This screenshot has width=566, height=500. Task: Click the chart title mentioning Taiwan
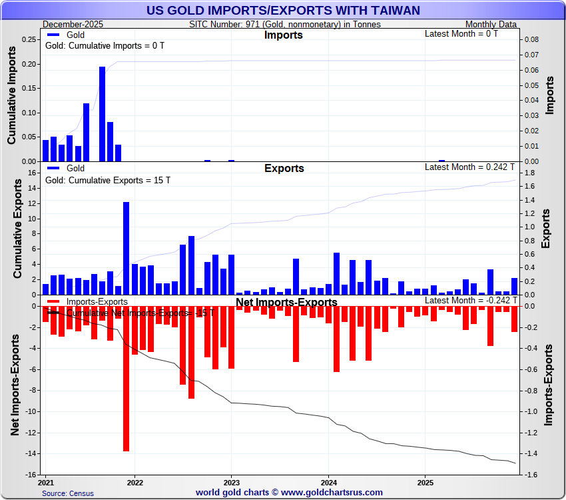click(282, 10)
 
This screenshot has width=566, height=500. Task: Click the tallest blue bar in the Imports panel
click(103, 113)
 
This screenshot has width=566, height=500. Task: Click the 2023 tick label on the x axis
click(231, 481)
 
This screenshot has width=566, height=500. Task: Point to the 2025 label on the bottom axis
click(425, 481)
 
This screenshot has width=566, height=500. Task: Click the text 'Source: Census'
click(68, 493)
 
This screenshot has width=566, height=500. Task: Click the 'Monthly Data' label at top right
click(491, 24)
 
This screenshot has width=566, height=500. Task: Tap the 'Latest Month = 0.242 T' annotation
click(470, 167)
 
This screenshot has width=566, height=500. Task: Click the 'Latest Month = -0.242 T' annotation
click(469, 301)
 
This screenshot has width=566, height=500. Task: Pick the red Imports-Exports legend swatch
click(54, 302)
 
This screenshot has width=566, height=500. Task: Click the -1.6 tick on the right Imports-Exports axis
click(528, 475)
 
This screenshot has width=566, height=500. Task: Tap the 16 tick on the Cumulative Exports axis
click(31, 173)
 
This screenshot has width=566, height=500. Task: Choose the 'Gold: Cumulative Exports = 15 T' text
click(107, 181)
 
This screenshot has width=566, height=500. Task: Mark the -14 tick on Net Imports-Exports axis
click(29, 454)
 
